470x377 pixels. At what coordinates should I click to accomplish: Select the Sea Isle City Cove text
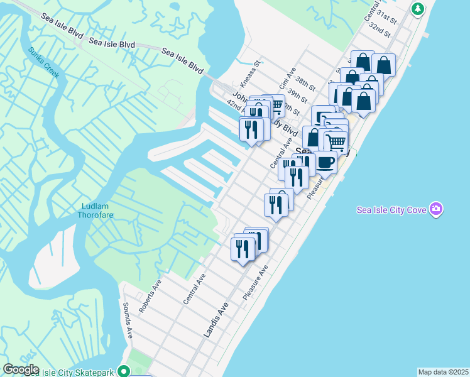point(391,210)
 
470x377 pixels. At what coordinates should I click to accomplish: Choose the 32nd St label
point(380,30)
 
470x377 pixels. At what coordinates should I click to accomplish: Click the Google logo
point(21,369)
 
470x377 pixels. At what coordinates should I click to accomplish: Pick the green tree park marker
point(418,9)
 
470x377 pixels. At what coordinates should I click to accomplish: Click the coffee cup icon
point(325,161)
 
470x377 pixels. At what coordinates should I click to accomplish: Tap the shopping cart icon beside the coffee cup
point(336,141)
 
